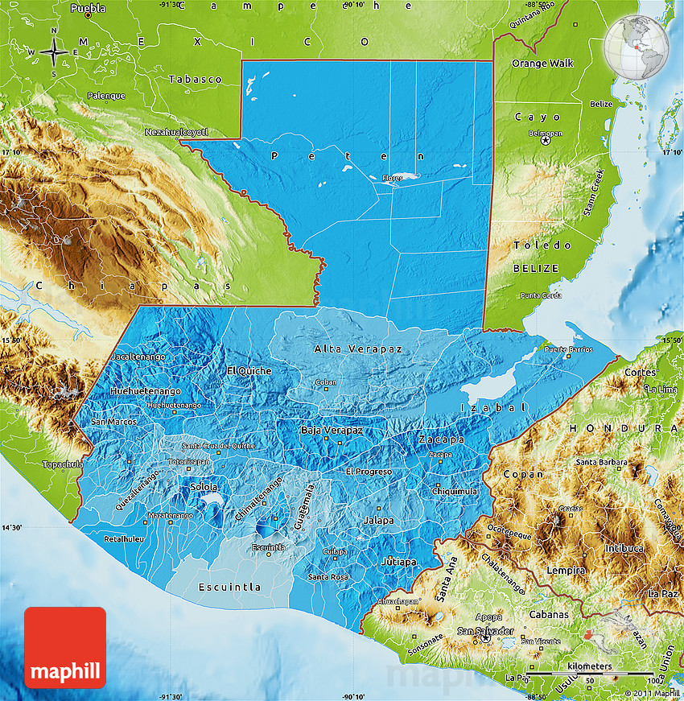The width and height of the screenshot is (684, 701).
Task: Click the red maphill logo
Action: (x=65, y=647)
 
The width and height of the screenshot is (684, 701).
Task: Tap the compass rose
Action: (x=53, y=52)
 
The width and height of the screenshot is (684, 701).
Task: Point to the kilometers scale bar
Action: (x=588, y=673)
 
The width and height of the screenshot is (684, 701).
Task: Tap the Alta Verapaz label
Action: (x=357, y=348)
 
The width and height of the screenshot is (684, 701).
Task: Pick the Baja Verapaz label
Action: (x=332, y=430)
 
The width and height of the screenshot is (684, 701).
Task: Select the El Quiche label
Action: (x=249, y=370)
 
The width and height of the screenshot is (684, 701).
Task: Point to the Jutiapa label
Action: (x=400, y=561)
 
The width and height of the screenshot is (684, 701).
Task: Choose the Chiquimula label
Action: (x=455, y=491)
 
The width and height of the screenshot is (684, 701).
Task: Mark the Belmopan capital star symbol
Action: (x=546, y=140)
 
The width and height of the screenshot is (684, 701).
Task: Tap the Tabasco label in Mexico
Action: (x=195, y=79)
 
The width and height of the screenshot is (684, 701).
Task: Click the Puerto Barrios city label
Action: (x=568, y=350)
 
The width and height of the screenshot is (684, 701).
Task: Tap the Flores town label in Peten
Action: (x=392, y=178)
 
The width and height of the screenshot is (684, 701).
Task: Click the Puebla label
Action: (x=88, y=9)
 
